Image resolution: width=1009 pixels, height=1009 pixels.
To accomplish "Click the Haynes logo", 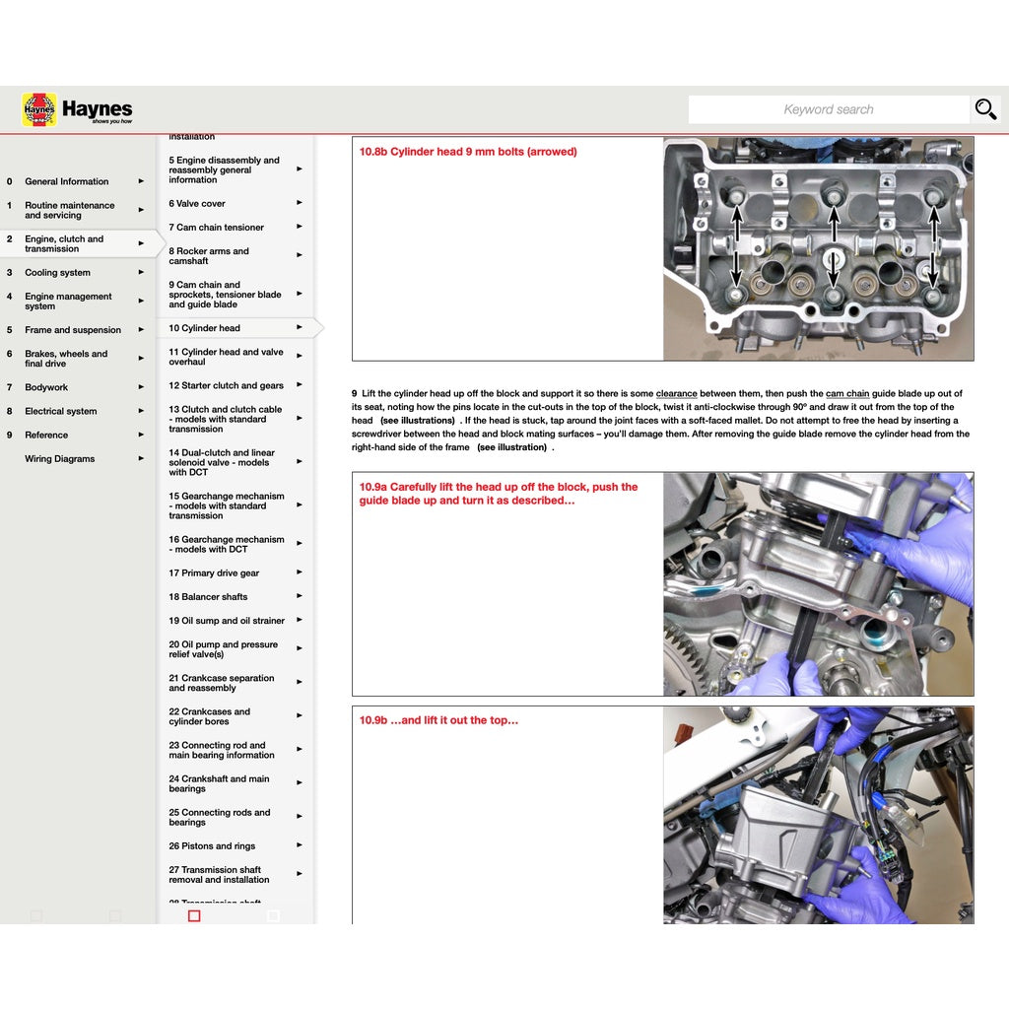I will (x=77, y=109).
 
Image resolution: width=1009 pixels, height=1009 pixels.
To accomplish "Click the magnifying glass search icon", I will (x=985, y=109).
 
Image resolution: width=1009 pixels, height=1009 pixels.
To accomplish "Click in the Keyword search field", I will (x=828, y=109).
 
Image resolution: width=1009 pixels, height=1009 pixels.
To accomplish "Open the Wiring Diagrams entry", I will (x=59, y=459).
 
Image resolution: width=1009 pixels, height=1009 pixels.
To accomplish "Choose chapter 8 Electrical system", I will (x=60, y=412).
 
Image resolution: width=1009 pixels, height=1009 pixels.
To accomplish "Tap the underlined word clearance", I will (x=676, y=394).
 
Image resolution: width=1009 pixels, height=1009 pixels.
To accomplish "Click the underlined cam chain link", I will (x=847, y=394).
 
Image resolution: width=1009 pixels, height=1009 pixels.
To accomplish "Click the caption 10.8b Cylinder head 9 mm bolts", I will (x=468, y=152).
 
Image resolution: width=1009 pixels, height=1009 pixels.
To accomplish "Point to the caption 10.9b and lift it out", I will (x=438, y=720).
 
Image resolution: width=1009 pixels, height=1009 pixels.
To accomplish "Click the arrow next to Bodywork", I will (x=141, y=387).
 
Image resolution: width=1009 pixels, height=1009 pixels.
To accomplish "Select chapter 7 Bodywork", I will (x=46, y=388).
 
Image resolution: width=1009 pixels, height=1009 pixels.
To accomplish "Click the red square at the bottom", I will (x=194, y=915).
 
